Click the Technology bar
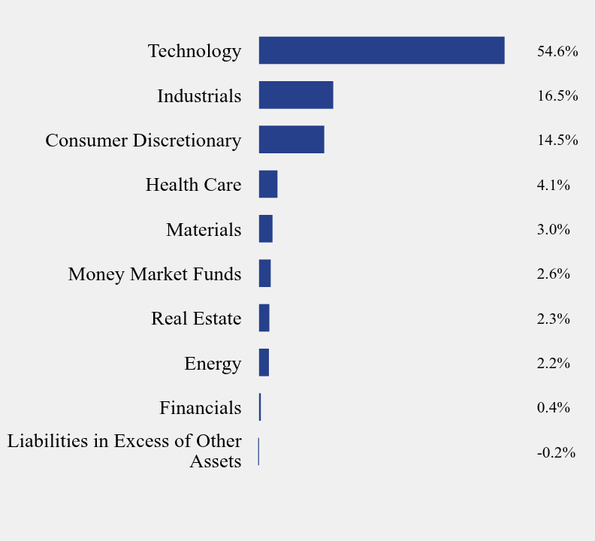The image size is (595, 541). coord(382,50)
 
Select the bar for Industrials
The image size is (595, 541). coord(296,95)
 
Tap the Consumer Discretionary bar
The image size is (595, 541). coord(291,140)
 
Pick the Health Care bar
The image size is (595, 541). coord(268,184)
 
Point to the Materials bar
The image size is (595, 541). coord(266,228)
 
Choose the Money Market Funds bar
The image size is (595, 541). coord(264,274)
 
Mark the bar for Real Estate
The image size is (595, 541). coord(264,318)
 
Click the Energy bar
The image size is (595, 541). coord(264,362)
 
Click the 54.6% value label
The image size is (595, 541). coord(557,52)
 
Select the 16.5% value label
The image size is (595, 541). coord(557,96)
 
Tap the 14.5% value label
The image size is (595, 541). coord(557,141)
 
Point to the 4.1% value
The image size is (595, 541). coord(553,185)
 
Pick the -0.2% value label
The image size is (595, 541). coord(555,452)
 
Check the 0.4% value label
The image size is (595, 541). coord(553,408)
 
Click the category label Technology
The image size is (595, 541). coord(195,51)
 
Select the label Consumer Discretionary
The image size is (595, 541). coord(143,141)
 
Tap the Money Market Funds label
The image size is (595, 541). coord(155,274)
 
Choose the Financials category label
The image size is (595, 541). coord(200,408)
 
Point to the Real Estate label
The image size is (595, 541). coord(196,319)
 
